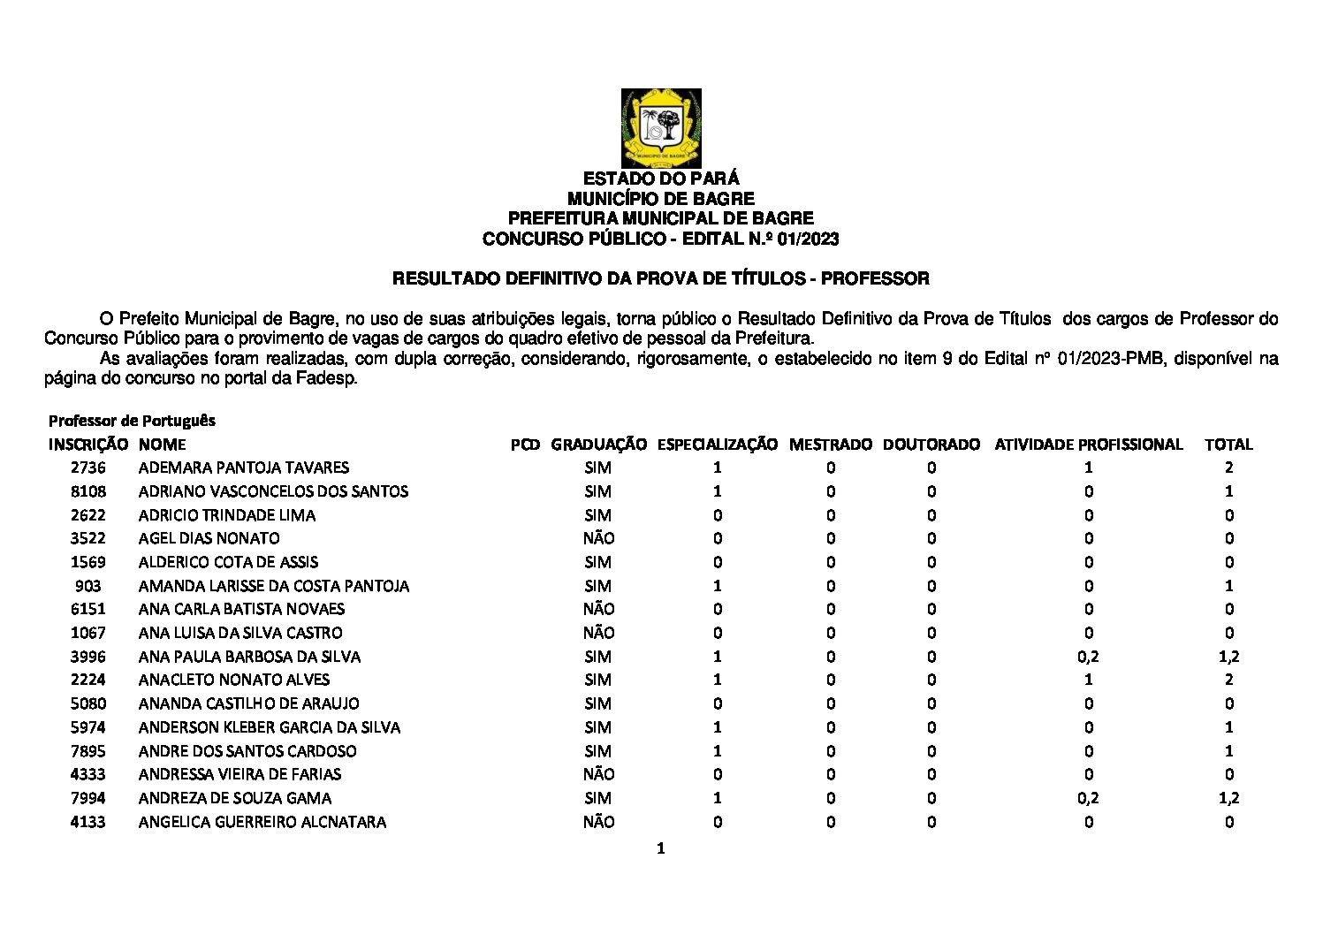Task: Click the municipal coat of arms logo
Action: tap(661, 127)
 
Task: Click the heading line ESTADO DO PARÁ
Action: tap(661, 179)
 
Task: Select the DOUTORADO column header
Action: tap(931, 445)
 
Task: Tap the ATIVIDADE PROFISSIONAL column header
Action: tap(1088, 445)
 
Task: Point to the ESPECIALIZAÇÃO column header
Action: tap(717, 445)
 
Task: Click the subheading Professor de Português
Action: tap(132, 421)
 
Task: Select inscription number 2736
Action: tap(87, 467)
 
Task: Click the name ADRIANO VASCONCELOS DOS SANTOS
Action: tap(273, 491)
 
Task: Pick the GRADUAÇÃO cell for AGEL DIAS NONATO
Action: tap(598, 538)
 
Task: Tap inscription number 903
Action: tap(88, 586)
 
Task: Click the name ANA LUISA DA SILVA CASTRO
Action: tap(240, 633)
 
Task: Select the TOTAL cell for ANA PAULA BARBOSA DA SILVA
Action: tap(1228, 657)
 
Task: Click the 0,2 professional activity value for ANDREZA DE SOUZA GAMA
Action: tap(1088, 798)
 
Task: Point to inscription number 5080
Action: tap(87, 703)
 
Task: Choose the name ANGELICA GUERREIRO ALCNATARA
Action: tap(262, 822)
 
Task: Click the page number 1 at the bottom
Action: tap(660, 849)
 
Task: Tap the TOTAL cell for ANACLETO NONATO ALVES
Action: tap(1228, 680)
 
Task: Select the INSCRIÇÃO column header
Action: tap(87, 445)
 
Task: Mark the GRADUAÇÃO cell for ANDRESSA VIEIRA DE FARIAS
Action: tap(598, 774)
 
